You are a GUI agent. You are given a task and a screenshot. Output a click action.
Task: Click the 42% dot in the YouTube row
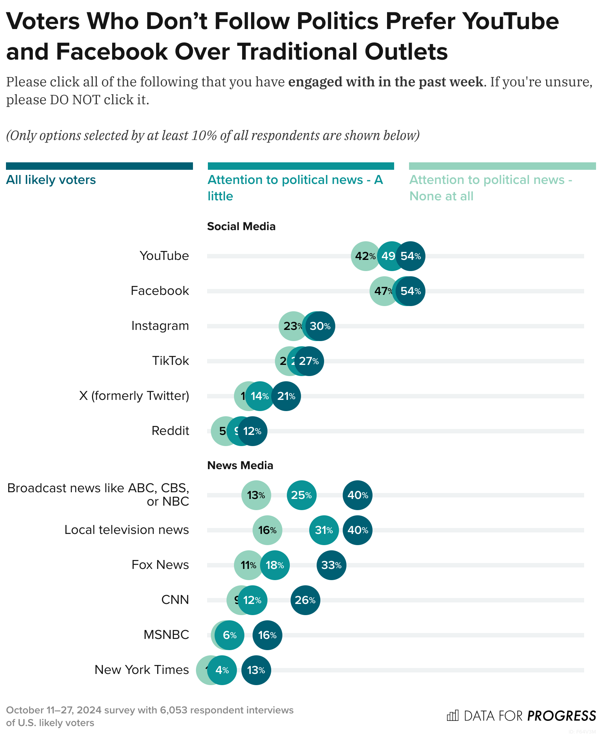coord(364,256)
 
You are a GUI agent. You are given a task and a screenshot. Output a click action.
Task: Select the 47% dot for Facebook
coord(382,291)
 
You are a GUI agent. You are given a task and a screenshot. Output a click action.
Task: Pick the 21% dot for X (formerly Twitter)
coord(286,396)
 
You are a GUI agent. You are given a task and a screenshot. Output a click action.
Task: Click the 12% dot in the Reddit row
coord(253,431)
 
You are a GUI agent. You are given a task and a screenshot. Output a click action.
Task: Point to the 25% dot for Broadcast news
coord(301,495)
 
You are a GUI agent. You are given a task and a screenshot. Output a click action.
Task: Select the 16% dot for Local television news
coord(267,530)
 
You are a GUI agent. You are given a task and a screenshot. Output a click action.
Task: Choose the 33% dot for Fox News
coord(331,565)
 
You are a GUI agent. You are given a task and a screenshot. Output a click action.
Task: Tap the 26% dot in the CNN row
coord(305,600)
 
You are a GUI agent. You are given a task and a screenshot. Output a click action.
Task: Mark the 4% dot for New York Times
coord(222,670)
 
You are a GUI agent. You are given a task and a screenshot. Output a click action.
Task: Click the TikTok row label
coord(170,361)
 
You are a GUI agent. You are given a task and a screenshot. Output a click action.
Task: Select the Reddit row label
coord(170,431)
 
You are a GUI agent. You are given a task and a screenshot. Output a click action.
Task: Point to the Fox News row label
coord(160,565)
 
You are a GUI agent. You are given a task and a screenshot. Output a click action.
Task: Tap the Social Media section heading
coord(241,226)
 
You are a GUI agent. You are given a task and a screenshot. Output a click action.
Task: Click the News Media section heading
coord(240,465)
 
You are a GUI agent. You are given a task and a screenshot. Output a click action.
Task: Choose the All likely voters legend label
coord(51,180)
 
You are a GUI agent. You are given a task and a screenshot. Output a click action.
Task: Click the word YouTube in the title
coord(510,22)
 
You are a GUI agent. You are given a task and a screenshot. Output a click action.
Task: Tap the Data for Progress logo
coord(521,716)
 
